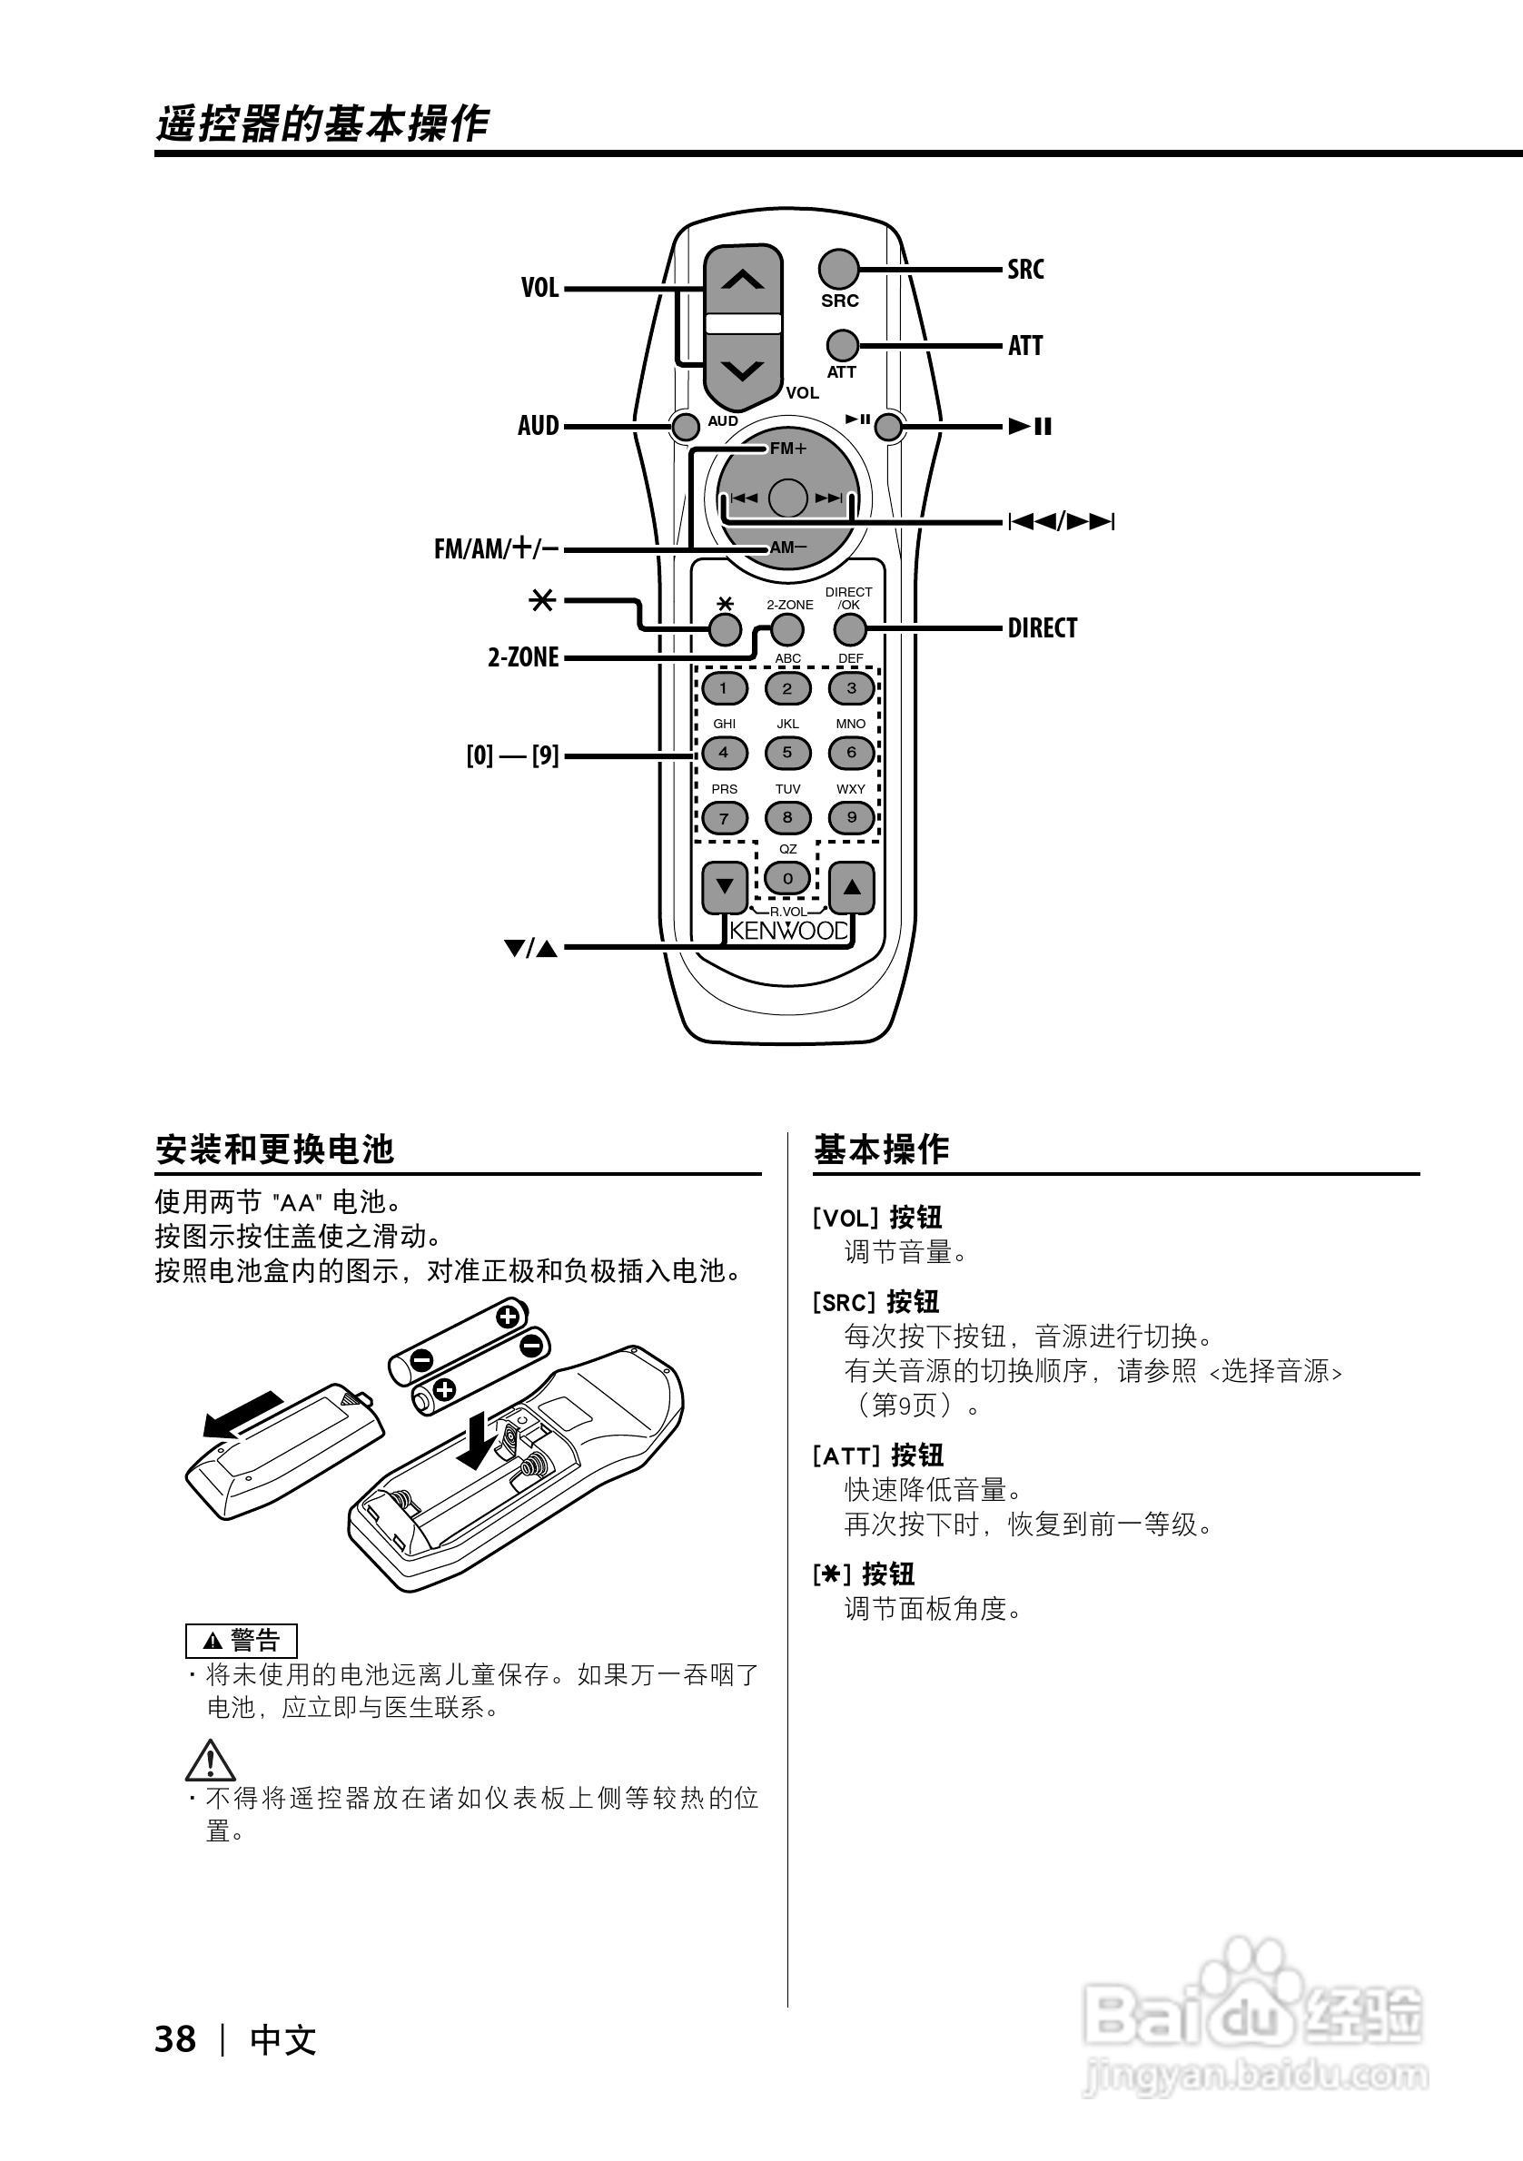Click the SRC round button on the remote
(x=837, y=269)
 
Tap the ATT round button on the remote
(x=843, y=345)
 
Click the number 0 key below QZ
(x=788, y=879)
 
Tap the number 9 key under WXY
(x=851, y=817)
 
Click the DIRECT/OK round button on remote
(x=850, y=628)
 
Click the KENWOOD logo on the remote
(x=789, y=932)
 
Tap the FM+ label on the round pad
(x=788, y=449)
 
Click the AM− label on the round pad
(x=788, y=548)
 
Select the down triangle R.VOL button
(x=725, y=886)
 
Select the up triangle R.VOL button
(x=852, y=886)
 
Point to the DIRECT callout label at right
(x=1042, y=627)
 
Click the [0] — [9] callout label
(x=512, y=755)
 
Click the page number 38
(x=175, y=2039)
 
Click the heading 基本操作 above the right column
(x=881, y=1150)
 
